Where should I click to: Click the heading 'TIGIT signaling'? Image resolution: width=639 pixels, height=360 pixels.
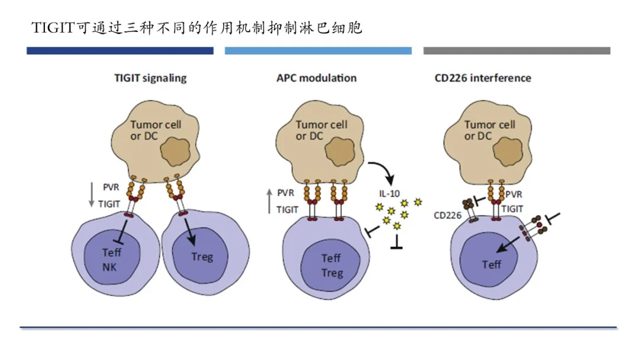(150, 78)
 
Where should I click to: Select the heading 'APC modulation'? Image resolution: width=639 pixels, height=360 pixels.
(317, 78)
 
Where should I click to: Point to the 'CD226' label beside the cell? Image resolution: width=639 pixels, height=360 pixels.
(447, 216)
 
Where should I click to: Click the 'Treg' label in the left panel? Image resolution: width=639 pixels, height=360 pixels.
(202, 257)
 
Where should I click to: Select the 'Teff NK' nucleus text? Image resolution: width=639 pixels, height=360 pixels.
(110, 259)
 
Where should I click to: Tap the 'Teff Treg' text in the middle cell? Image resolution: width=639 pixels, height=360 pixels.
(331, 265)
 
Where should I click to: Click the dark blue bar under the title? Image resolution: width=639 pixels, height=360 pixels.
(120, 51)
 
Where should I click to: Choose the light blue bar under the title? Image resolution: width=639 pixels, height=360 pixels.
(318, 51)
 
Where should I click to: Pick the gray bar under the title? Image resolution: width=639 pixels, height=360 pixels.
(517, 51)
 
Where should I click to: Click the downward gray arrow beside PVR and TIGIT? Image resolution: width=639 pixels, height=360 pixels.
(92, 195)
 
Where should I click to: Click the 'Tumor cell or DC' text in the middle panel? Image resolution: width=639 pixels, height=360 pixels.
(321, 130)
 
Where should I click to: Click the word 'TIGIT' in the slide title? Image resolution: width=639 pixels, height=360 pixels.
(54, 28)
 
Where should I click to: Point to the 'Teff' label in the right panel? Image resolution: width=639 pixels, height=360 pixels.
(491, 265)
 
